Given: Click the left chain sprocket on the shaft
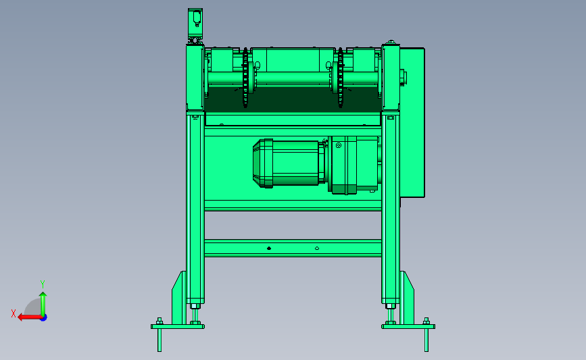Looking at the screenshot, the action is point(245,78).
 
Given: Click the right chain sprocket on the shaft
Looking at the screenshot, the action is point(340,78).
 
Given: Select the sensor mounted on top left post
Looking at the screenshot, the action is point(195,23).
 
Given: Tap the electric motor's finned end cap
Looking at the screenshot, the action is point(263,163).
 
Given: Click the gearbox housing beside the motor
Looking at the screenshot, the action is point(354,165).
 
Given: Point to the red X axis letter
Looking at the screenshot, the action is point(14,313).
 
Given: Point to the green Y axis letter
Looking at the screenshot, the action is point(43,284).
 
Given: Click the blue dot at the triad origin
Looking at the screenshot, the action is point(44,318).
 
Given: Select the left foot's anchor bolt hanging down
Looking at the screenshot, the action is point(160,340).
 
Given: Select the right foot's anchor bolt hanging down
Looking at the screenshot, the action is point(426,340).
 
